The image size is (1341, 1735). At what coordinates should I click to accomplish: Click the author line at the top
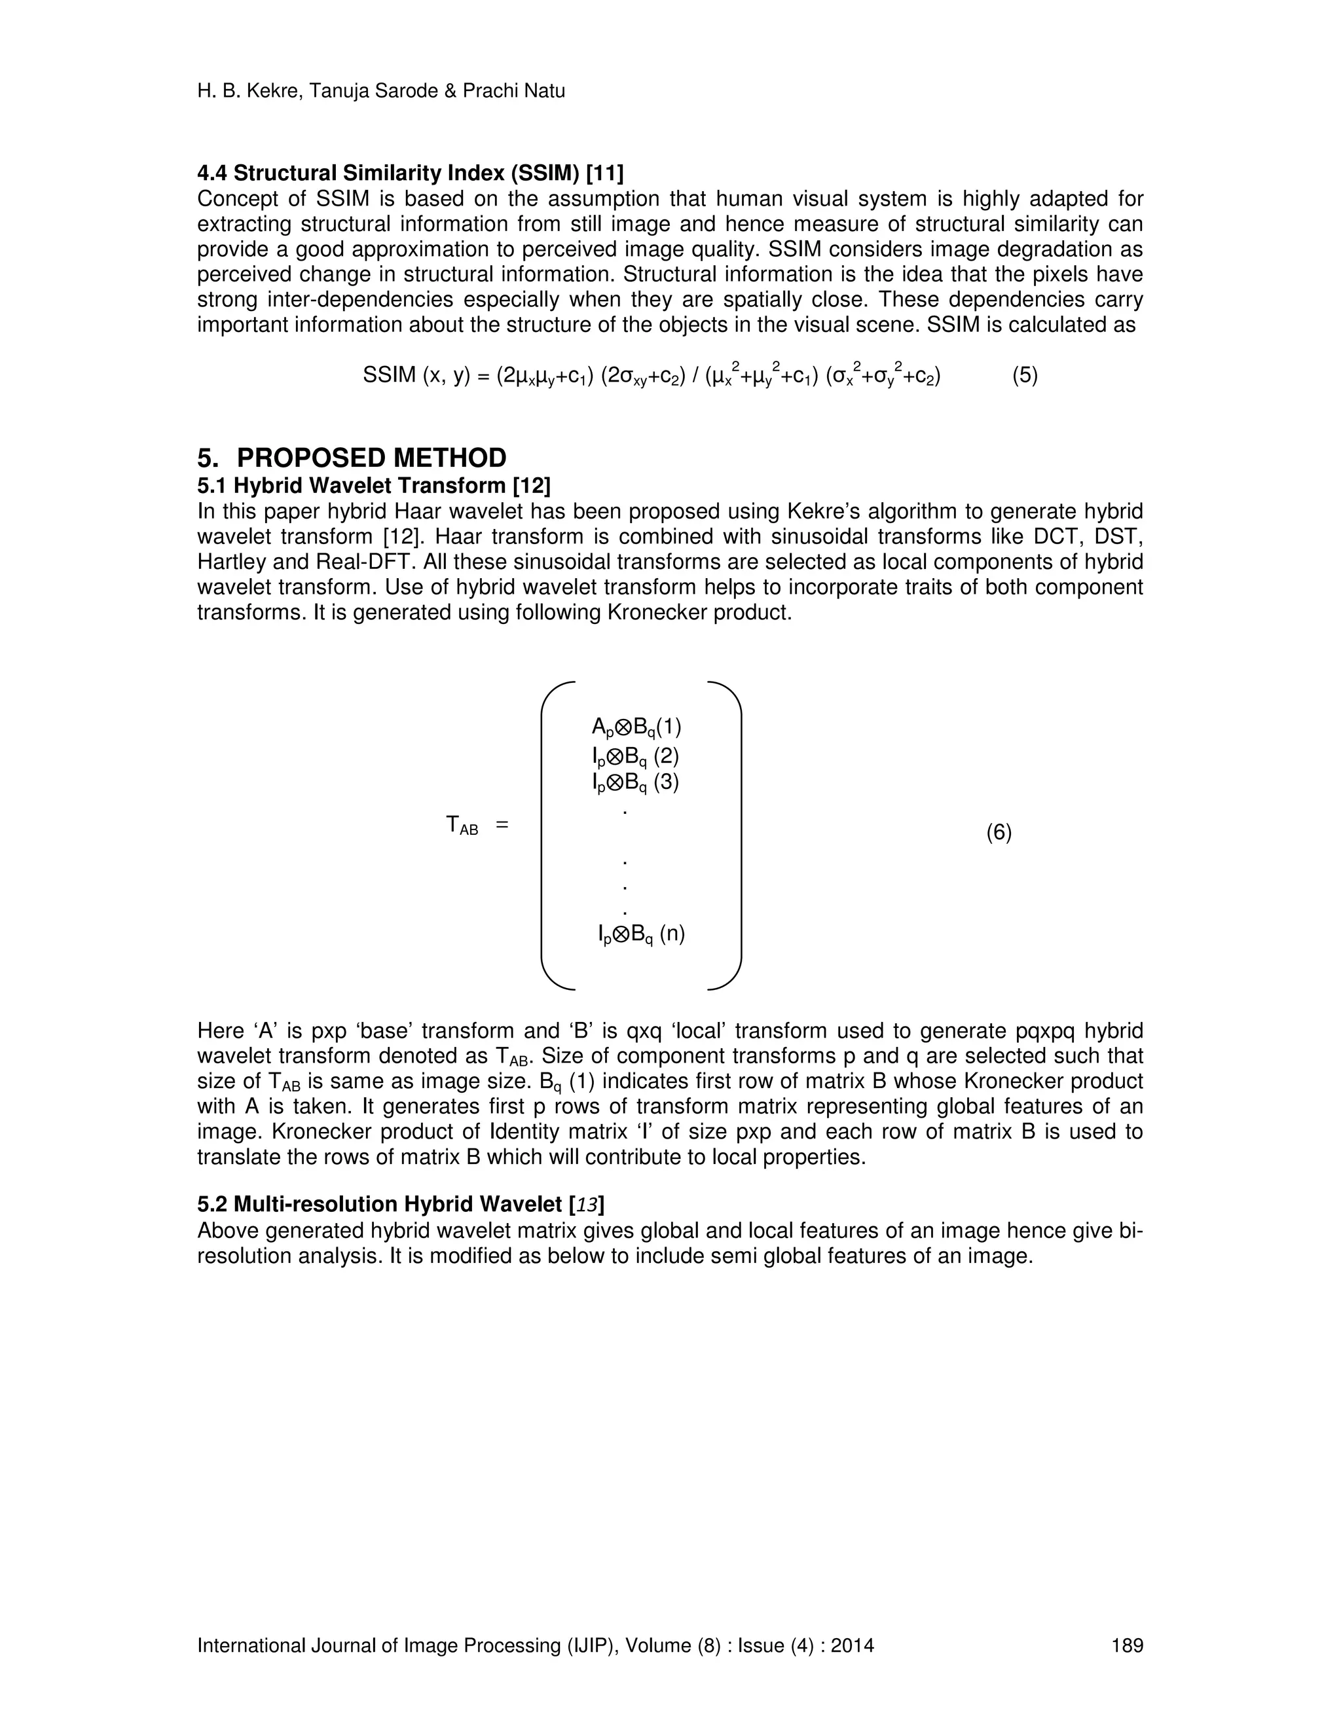380,92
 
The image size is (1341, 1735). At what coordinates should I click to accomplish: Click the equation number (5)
1025,376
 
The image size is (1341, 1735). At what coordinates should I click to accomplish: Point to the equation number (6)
999,833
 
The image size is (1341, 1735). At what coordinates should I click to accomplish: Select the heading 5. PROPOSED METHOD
352,458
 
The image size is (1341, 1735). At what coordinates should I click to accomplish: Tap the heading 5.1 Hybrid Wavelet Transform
373,485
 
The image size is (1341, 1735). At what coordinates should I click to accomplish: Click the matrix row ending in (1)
636,727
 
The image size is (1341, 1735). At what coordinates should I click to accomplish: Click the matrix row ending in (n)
641,934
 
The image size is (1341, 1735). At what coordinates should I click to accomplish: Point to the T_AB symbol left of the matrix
462,826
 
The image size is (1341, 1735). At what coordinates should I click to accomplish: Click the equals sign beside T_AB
502,826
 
